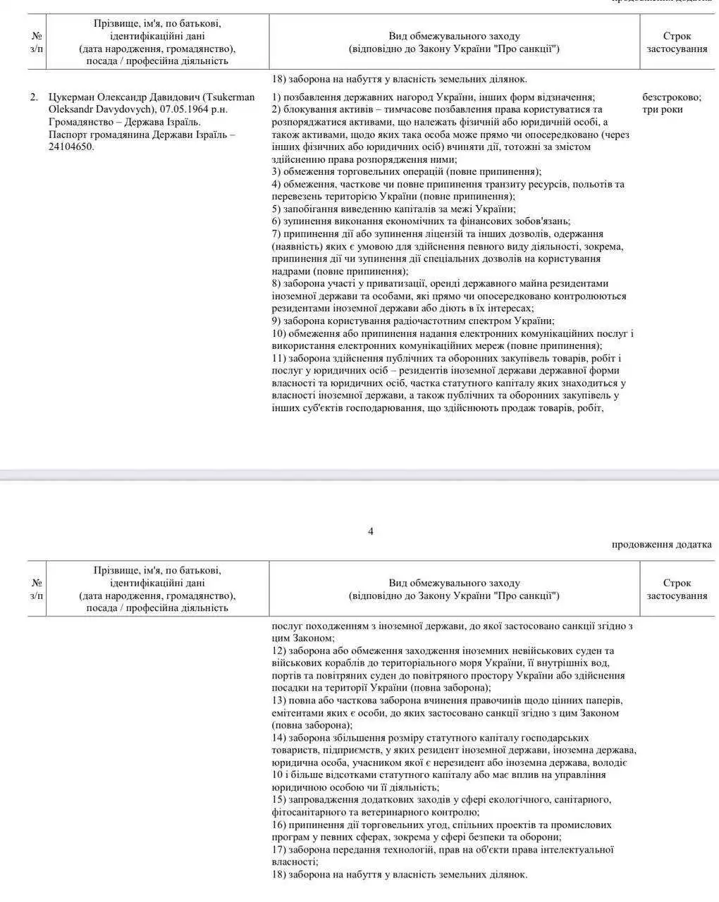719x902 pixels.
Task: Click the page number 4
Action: [x=371, y=531]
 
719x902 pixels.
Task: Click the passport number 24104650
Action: [x=71, y=147]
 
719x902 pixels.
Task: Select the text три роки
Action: [x=663, y=109]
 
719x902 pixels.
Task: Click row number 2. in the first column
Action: [x=34, y=97]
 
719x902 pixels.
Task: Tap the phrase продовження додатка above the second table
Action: [x=661, y=544]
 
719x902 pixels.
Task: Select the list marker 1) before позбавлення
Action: [x=276, y=97]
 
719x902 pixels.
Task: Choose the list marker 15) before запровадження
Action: [x=278, y=800]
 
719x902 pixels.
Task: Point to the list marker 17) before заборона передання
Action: [x=278, y=850]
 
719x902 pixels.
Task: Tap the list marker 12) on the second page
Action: [x=278, y=650]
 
